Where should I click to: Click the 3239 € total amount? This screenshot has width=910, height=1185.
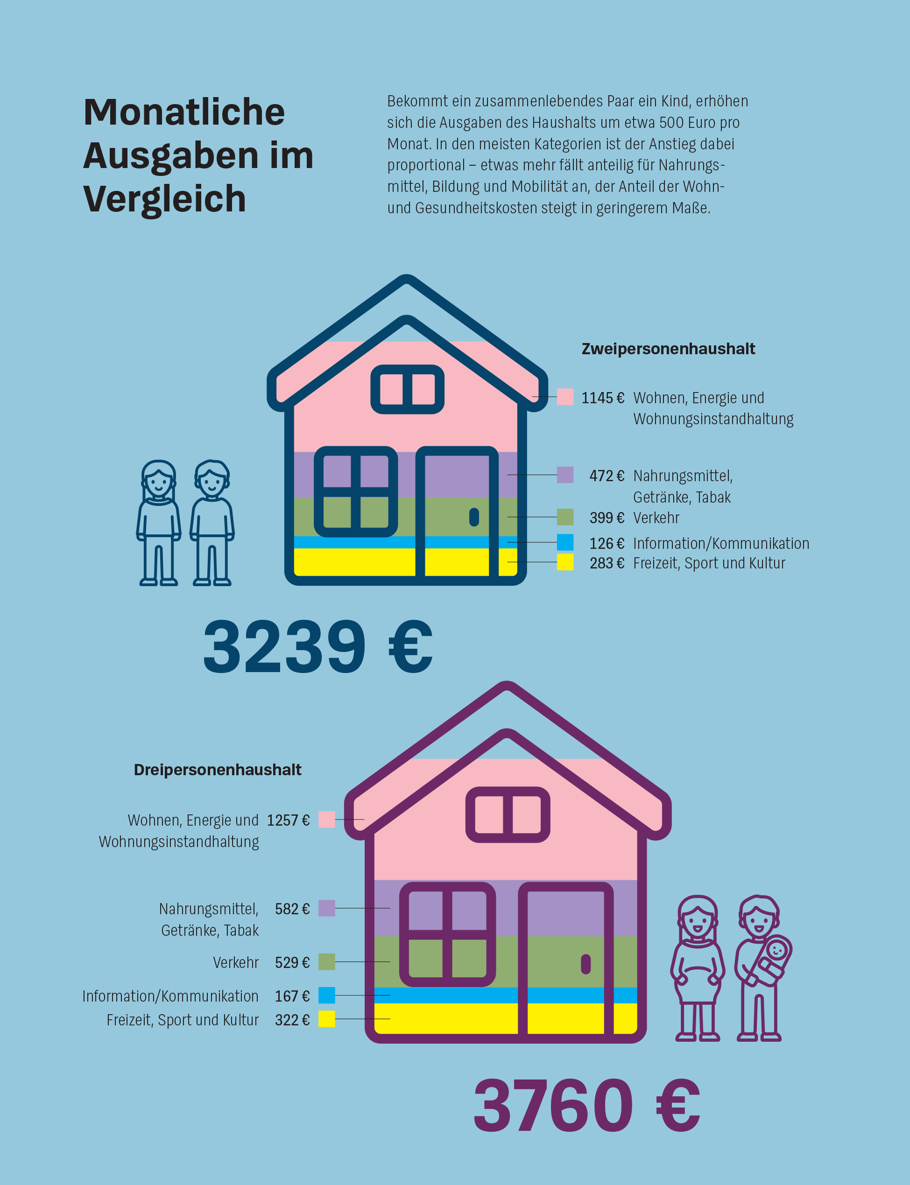[x=317, y=647]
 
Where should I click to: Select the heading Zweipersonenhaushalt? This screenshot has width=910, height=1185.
[x=668, y=349]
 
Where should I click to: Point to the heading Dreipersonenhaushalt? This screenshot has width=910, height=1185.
[x=217, y=770]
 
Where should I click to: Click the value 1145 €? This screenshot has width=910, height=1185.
[x=602, y=399]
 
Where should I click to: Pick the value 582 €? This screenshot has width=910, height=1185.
[x=292, y=909]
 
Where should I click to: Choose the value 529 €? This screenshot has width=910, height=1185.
[x=292, y=962]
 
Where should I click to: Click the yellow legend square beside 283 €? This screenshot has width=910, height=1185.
[x=565, y=562]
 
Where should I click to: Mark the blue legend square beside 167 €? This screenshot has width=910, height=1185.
[x=327, y=995]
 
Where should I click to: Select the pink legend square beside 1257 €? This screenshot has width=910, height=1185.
[x=327, y=820]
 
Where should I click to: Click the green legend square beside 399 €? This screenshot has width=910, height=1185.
[x=565, y=517]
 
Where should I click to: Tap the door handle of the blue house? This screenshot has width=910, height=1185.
[x=474, y=517]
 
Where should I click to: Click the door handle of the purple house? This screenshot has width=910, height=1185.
[x=586, y=964]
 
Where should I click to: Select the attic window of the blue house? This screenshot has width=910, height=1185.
[x=407, y=389]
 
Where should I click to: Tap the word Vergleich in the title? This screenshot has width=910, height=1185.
[x=165, y=199]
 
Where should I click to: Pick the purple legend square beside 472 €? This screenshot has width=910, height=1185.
[x=565, y=475]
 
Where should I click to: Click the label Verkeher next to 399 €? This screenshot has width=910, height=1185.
[x=656, y=518]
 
